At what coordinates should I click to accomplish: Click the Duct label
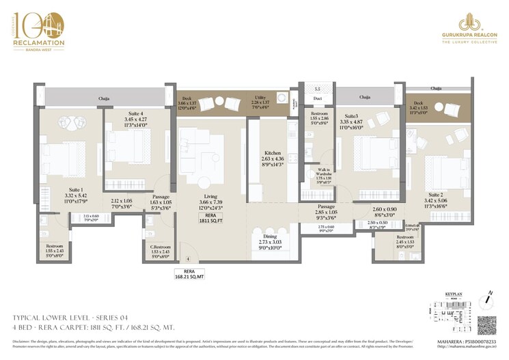coord(316,97)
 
